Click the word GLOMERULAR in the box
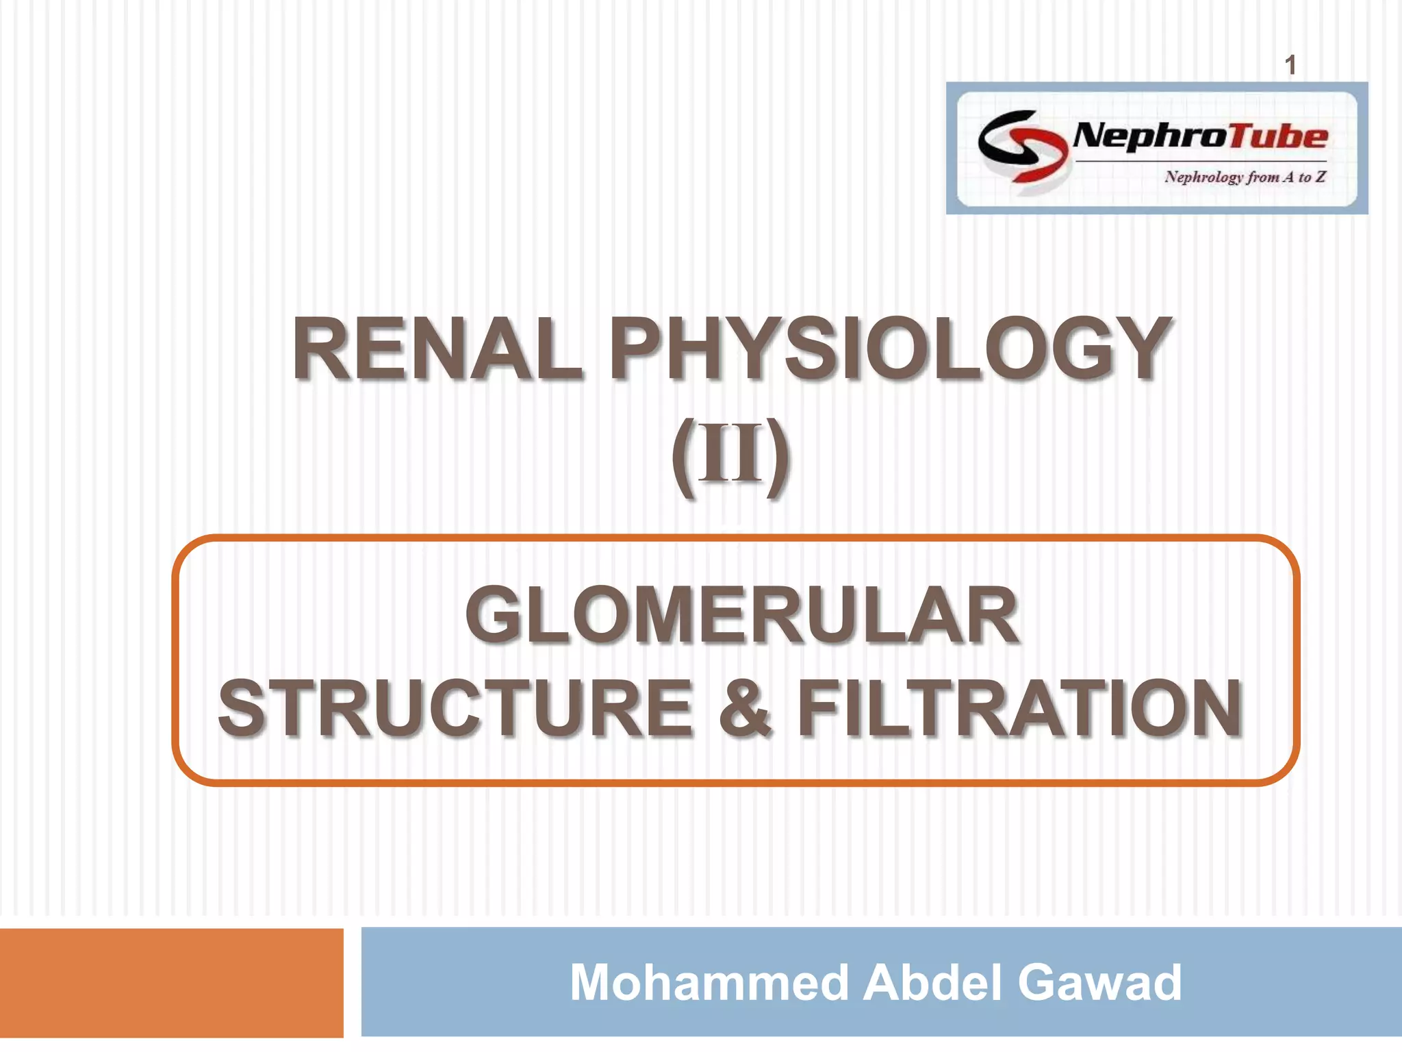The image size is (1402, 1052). point(741,615)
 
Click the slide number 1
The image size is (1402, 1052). point(1290,66)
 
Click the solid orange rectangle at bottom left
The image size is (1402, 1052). point(171,983)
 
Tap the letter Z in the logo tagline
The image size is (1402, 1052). point(1321,177)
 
